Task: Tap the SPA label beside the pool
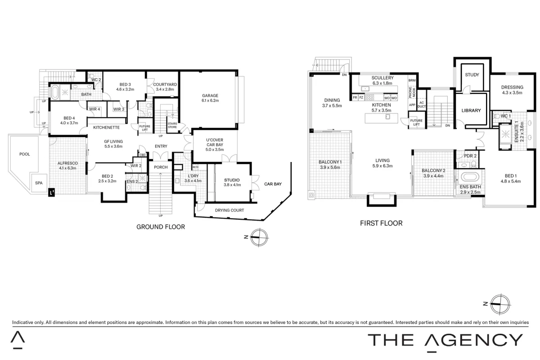39,183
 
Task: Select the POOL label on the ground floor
25,154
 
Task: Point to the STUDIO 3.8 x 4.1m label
232,182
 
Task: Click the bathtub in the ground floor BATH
55,92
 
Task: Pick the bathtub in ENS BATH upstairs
470,177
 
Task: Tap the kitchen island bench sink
387,117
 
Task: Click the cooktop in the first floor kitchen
369,97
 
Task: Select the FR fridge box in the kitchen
355,97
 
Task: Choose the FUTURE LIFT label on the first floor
416,122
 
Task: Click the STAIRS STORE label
172,125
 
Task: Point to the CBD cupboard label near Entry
143,155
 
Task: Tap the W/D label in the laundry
195,167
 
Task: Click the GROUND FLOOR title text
161,227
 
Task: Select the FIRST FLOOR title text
381,223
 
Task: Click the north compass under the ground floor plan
259,237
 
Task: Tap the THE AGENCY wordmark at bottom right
445,340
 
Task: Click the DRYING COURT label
229,210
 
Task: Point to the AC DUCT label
421,104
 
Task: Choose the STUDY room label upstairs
472,75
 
